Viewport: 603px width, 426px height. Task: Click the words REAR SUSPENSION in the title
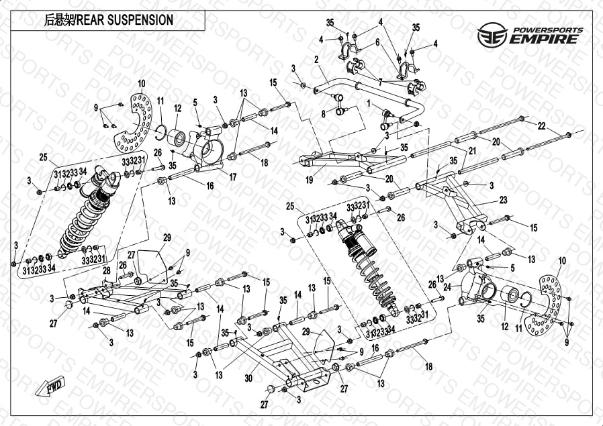click(125, 20)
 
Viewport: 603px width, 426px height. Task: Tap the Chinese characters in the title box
click(59, 20)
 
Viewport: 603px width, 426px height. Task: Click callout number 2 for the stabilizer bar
click(316, 60)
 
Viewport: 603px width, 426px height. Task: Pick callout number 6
click(377, 42)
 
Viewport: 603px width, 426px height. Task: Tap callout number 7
click(380, 82)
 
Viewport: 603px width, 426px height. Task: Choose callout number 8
click(323, 114)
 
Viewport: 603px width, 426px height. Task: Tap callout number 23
click(504, 200)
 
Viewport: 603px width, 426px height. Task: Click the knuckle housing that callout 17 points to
click(210, 148)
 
